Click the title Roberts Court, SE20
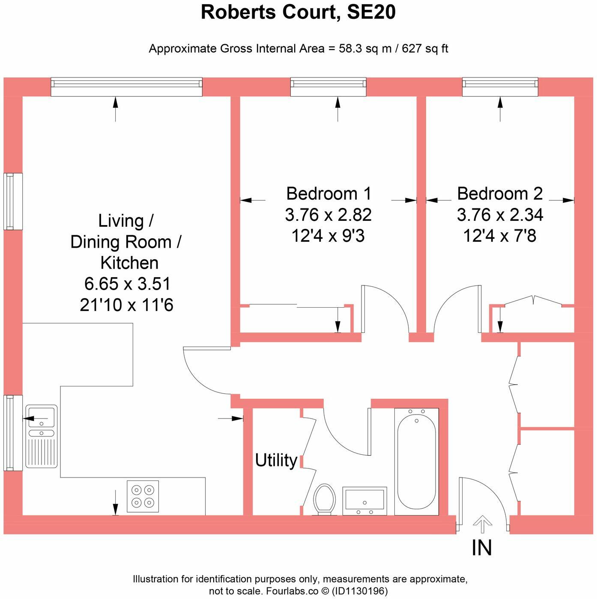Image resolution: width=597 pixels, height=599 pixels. tap(298, 12)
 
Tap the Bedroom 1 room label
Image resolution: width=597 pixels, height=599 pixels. tap(328, 194)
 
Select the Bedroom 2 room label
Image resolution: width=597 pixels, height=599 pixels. tap(500, 194)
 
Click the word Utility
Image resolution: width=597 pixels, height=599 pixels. tap(276, 460)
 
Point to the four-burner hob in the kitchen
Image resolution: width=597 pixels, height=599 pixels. tap(143, 496)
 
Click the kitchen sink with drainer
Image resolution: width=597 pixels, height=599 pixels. tap(42, 436)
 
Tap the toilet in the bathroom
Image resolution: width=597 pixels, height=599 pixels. tap(325, 500)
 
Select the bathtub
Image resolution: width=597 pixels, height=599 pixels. tap(416, 462)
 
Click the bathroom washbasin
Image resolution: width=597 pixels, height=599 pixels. tap(364, 501)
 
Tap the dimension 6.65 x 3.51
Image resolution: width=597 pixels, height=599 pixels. tap(127, 284)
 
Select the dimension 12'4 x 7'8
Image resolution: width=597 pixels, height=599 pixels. tap(500, 235)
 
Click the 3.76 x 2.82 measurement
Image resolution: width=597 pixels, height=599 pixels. tap(328, 214)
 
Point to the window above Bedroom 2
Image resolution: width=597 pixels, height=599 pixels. tap(500, 87)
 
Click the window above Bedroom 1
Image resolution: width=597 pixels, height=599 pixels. tap(328, 87)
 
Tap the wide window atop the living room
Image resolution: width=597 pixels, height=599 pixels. tap(126, 87)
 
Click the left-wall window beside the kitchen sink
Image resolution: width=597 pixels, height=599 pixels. tap(13, 433)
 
